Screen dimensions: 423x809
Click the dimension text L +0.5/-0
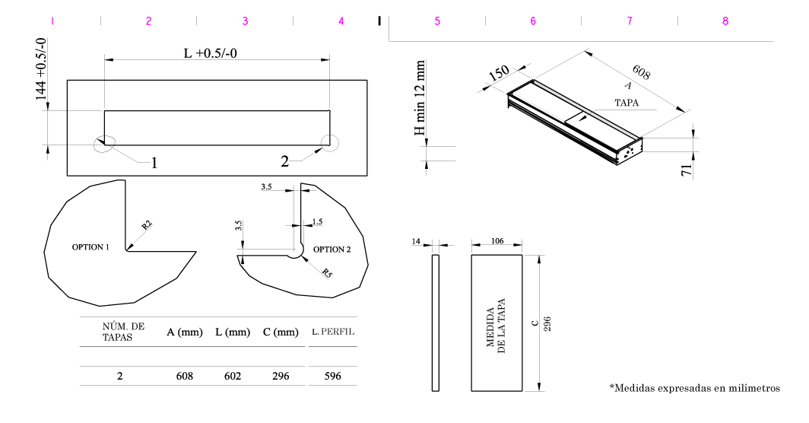coord(217,53)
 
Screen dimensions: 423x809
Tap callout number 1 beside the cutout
coord(154,162)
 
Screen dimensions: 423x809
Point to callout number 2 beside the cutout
coord(284,161)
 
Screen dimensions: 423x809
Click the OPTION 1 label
coord(90,248)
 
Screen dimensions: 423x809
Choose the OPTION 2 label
coord(332,249)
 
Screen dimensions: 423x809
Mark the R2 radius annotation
coord(147,225)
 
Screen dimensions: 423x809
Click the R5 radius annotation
coord(326,273)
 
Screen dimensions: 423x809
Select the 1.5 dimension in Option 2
coord(317,221)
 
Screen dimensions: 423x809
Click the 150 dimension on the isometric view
coord(498,74)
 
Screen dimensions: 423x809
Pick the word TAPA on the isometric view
coord(627,101)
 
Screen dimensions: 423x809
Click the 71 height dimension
coord(687,170)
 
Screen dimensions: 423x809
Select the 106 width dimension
coord(497,240)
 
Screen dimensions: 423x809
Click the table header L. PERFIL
coord(333,332)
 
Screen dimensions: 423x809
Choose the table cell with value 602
coord(233,376)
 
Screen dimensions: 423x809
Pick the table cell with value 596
coord(332,376)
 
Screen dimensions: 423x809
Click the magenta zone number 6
coord(533,21)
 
